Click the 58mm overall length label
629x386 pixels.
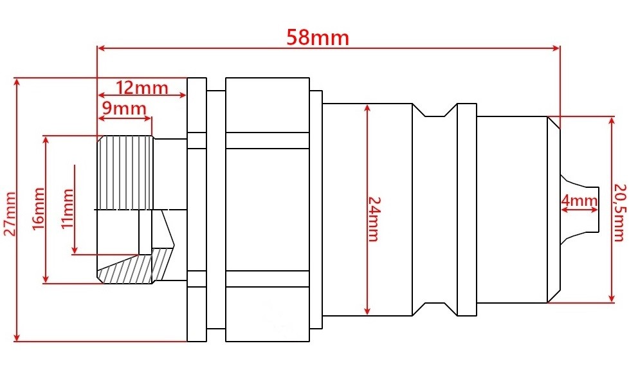click(x=318, y=38)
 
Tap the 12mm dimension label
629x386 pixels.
click(x=142, y=87)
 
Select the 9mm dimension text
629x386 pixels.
click(x=124, y=108)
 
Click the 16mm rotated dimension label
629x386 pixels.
click(x=38, y=208)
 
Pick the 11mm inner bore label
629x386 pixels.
click(x=67, y=208)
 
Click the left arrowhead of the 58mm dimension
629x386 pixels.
click(x=102, y=48)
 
